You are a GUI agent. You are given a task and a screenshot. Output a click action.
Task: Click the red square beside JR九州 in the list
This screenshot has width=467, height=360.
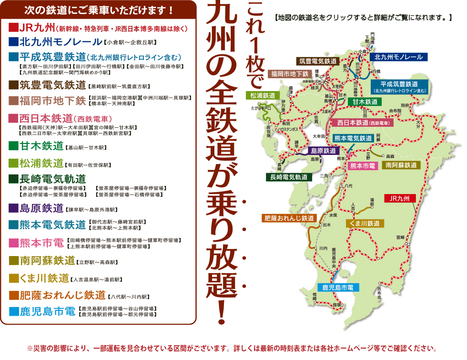13,27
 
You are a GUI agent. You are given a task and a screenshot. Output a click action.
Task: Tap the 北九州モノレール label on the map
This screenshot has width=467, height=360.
399,57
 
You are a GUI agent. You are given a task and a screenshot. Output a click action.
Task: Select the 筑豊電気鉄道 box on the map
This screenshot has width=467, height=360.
318,61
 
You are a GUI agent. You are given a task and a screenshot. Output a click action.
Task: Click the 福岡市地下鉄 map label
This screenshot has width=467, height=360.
290,74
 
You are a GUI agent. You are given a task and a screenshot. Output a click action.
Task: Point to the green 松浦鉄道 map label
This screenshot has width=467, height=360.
263,95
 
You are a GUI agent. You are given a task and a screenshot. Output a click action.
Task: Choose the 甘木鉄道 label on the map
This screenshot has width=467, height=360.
365,102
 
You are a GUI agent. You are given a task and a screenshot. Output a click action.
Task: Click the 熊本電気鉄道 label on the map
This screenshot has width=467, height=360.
353,138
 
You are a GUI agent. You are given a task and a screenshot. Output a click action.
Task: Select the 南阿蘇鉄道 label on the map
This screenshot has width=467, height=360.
401,165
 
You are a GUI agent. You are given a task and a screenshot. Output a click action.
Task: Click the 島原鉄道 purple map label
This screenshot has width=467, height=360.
321,151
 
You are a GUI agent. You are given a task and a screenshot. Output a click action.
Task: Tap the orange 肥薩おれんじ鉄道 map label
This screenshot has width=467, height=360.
289,218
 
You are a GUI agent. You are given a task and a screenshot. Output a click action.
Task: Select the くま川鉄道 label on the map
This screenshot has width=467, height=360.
365,223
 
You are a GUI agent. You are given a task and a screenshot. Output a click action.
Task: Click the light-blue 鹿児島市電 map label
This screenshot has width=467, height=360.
338,288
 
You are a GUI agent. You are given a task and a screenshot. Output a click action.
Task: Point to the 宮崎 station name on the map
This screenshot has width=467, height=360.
399,237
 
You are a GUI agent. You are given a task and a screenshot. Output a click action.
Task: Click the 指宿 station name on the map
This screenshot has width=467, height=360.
337,304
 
